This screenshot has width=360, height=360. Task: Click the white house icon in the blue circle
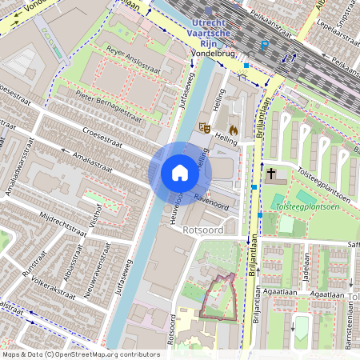coord(179,173)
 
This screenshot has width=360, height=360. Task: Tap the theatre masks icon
coord(205,126)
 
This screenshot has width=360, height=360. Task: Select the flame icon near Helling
coord(233,128)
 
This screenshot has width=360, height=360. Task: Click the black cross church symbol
coord(271,173)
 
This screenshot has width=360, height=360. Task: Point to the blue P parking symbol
coord(265,46)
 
